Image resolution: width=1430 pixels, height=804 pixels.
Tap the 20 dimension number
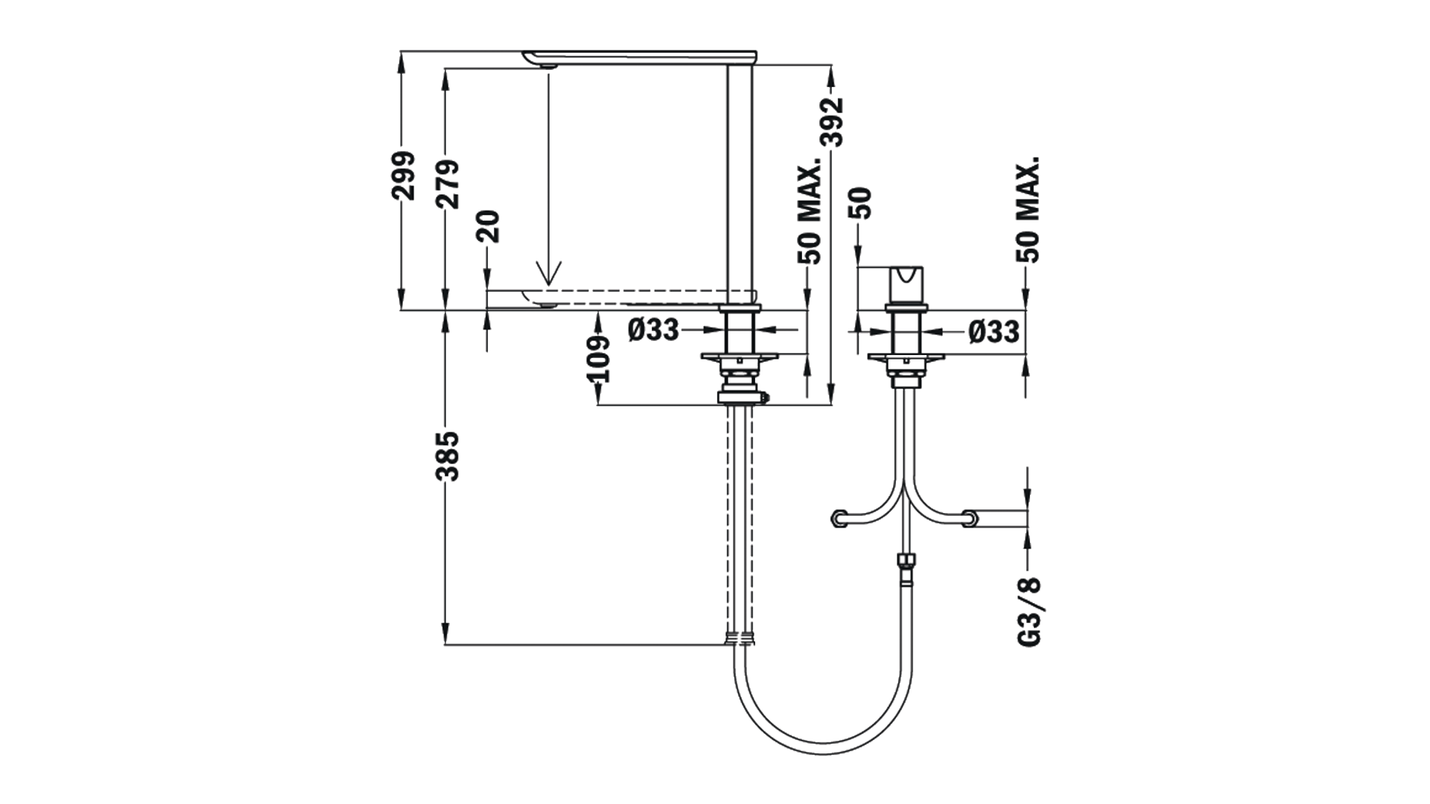489,226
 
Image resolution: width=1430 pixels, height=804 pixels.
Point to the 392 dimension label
832,122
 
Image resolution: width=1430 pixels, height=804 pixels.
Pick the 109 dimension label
599,359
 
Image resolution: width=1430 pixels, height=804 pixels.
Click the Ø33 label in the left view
653,330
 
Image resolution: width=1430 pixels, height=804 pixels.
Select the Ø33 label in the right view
994,331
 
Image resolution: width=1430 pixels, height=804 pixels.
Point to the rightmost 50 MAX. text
1028,209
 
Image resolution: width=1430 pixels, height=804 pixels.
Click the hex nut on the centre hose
906,561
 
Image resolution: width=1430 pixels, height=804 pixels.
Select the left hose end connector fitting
840,517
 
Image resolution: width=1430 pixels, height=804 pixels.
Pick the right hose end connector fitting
970,517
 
